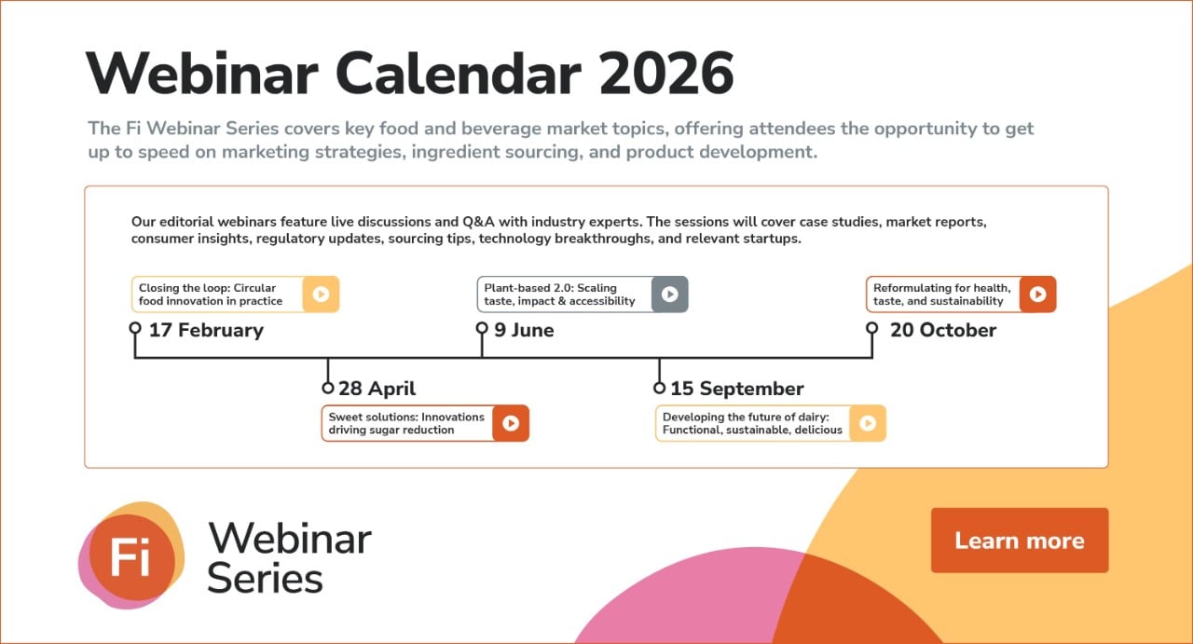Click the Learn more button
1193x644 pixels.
[x=1019, y=541]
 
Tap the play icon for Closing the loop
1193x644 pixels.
[x=321, y=295]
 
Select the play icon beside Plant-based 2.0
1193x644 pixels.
[x=669, y=295]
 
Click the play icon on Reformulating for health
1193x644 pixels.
[x=1037, y=295]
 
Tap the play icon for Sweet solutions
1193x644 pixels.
[x=511, y=423]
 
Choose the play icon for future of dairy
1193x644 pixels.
[x=868, y=423]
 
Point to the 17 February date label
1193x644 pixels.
[x=206, y=330]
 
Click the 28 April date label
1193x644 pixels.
[x=377, y=389]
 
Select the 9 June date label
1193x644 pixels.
[x=524, y=330]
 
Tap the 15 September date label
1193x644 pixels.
[x=736, y=389]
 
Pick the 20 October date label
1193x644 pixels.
[x=942, y=330]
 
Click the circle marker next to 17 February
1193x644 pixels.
[x=135, y=328]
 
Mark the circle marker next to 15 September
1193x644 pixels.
[x=660, y=388]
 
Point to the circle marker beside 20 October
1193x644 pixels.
[x=872, y=328]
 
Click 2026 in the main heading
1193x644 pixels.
[x=666, y=74]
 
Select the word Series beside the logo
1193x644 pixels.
[x=265, y=578]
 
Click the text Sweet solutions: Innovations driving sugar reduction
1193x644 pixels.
[x=405, y=423]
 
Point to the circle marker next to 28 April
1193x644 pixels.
[x=328, y=388]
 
